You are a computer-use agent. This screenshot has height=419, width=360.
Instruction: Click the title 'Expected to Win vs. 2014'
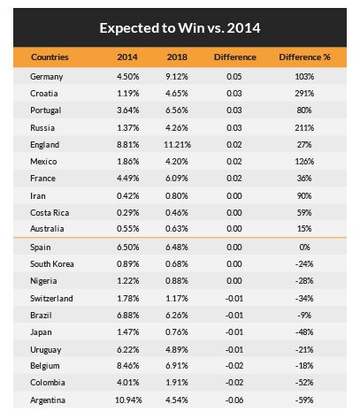(x=180, y=28)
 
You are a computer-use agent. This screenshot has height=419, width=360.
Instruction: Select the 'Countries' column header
(x=50, y=57)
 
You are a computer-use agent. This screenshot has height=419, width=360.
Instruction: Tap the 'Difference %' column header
(x=304, y=57)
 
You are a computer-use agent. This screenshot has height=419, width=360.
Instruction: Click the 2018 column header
(x=177, y=57)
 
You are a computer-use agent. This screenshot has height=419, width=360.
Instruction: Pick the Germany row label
(x=47, y=77)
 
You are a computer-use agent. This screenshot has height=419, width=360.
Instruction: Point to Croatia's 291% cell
(x=304, y=94)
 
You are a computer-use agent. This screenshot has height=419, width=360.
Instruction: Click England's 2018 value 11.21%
(x=178, y=145)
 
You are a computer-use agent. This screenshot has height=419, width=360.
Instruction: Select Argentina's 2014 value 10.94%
(x=128, y=400)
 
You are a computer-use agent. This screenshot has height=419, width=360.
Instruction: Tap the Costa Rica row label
(x=50, y=213)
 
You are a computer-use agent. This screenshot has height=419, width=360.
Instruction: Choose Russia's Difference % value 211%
(x=304, y=128)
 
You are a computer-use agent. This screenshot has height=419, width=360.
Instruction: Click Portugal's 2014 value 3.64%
(x=127, y=110)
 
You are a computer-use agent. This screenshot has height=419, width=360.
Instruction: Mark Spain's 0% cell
(x=304, y=247)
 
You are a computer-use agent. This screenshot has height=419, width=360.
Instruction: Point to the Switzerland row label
(x=51, y=299)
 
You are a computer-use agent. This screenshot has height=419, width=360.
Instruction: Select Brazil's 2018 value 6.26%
(x=177, y=316)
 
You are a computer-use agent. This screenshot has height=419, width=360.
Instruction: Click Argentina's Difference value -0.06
(x=234, y=400)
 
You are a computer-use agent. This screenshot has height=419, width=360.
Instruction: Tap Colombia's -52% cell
(x=304, y=383)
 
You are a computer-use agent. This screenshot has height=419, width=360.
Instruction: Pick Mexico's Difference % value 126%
(x=304, y=162)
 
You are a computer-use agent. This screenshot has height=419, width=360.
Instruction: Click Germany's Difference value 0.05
(x=234, y=77)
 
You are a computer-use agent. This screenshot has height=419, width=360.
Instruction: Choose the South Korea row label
(x=52, y=264)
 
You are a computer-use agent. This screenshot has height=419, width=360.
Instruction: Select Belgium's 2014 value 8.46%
(x=127, y=366)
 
